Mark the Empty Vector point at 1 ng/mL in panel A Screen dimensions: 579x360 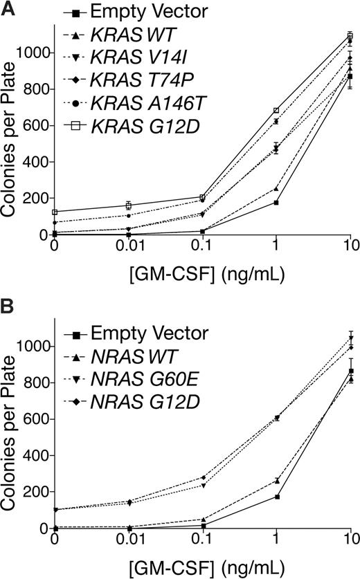pyautogui.click(x=276, y=202)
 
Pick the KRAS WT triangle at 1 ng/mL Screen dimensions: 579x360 pyautogui.click(x=276, y=188)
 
